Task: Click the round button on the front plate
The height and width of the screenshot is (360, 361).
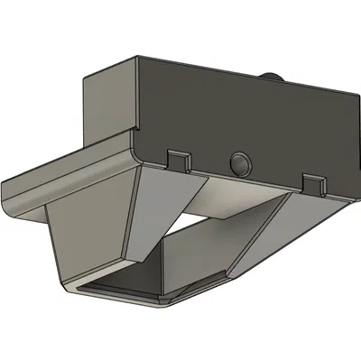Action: click(x=241, y=163)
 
